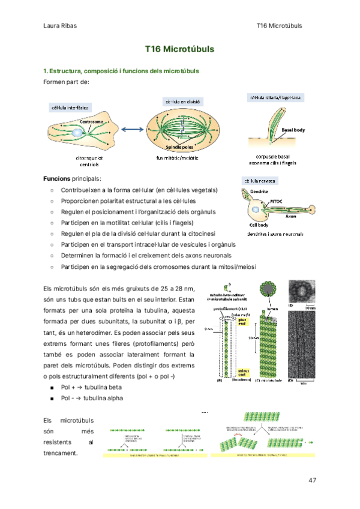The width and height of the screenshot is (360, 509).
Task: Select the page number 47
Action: [x=311, y=480]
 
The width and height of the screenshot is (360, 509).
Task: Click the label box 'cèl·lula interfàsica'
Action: [x=70, y=107]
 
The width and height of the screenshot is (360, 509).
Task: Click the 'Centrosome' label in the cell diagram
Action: [x=92, y=122]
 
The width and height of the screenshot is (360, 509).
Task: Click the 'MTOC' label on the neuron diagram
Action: [x=276, y=201]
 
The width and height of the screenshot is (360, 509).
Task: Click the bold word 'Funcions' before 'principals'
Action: [x=57, y=178]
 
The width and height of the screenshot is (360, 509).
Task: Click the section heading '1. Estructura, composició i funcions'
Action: [x=121, y=71]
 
